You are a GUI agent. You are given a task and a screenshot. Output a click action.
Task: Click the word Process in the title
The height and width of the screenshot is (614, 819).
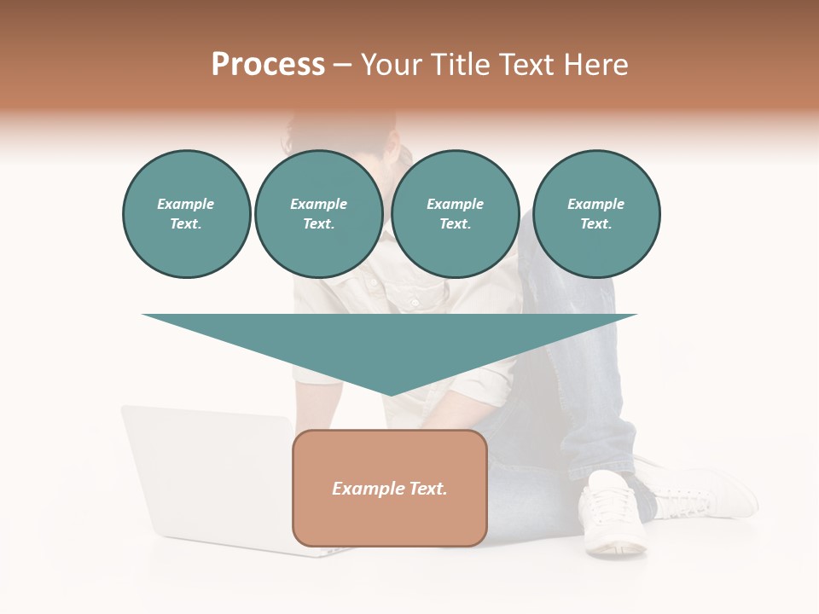point(268,65)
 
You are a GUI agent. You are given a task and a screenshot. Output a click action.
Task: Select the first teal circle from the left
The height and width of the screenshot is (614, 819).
point(186,214)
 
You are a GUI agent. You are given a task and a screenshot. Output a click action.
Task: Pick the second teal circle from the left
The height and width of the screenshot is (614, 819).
point(318,214)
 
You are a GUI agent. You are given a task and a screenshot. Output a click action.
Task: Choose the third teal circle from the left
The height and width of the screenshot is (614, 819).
point(455,214)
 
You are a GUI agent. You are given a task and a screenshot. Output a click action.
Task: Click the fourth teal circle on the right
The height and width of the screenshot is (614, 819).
point(595,214)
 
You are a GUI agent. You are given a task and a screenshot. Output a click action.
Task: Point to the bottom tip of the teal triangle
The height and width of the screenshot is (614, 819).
point(390,394)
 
